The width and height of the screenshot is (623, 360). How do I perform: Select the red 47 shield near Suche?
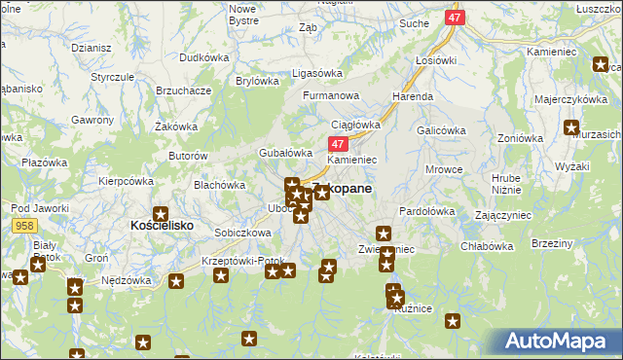[455, 18]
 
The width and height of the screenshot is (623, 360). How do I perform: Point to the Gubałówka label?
[284, 153]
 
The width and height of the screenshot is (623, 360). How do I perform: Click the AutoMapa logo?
[563, 342]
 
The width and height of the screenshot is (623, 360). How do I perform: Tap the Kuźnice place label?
[414, 307]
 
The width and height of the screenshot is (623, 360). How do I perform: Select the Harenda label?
[412, 97]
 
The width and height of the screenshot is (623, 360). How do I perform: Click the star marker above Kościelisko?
[161, 214]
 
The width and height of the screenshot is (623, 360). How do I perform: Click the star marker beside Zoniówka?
[570, 126]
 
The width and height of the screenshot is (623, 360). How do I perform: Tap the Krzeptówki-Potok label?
[236, 262]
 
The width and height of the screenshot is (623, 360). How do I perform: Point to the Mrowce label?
[444, 170]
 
